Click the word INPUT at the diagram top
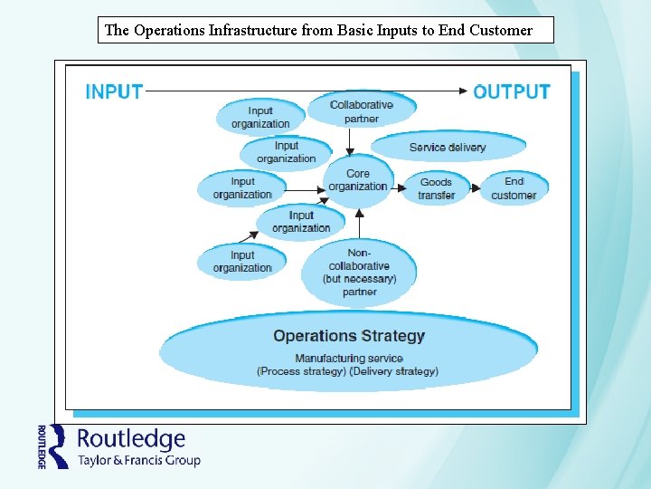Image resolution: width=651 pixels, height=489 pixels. pyautogui.click(x=113, y=91)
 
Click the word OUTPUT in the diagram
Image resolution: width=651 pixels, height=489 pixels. pyautogui.click(x=512, y=91)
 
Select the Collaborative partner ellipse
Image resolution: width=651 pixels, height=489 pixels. pyautogui.click(x=362, y=110)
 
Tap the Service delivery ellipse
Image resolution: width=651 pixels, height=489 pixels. pyautogui.click(x=448, y=147)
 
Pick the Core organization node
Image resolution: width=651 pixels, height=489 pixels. pyautogui.click(x=358, y=180)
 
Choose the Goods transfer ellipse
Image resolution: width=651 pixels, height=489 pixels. pyautogui.click(x=436, y=188)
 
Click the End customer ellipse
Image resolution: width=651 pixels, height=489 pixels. pyautogui.click(x=514, y=188)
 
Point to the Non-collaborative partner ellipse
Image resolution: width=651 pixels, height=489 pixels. pyautogui.click(x=359, y=272)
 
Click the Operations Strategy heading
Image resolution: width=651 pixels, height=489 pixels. pyautogui.click(x=348, y=336)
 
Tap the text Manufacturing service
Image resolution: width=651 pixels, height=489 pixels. pyautogui.click(x=348, y=359)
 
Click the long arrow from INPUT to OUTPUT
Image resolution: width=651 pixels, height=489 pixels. pyautogui.click(x=307, y=91)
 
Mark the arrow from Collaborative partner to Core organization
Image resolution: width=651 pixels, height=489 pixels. pyautogui.click(x=351, y=139)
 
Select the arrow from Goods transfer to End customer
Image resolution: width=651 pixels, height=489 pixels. pyautogui.click(x=475, y=187)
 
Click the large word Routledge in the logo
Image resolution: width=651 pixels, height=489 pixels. pyautogui.click(x=131, y=439)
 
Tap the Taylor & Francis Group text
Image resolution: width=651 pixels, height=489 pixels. pyautogui.click(x=138, y=460)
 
